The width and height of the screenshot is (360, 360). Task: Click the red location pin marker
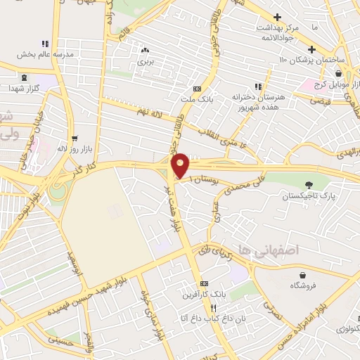(x=181, y=165)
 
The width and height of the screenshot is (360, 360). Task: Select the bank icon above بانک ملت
(x=197, y=88)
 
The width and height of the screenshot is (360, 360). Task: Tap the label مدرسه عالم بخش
(x=36, y=54)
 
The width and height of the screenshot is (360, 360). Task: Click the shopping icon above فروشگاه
(x=302, y=275)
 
